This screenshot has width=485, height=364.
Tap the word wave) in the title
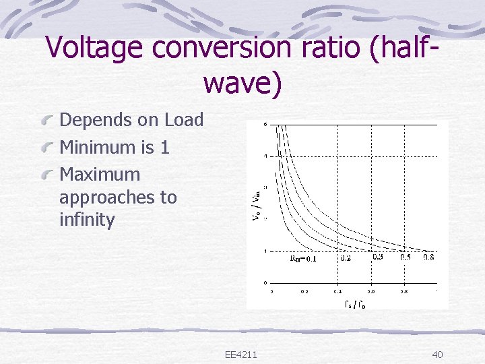pos(242,84)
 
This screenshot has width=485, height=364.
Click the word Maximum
pos(100,174)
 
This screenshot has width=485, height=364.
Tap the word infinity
pos(87,220)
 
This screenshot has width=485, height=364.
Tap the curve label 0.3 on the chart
pos(377,256)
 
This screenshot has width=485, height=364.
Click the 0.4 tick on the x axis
pos(337,291)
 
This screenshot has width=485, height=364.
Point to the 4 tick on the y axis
pos(265,156)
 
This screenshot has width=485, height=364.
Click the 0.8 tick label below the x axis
pos(403,291)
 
